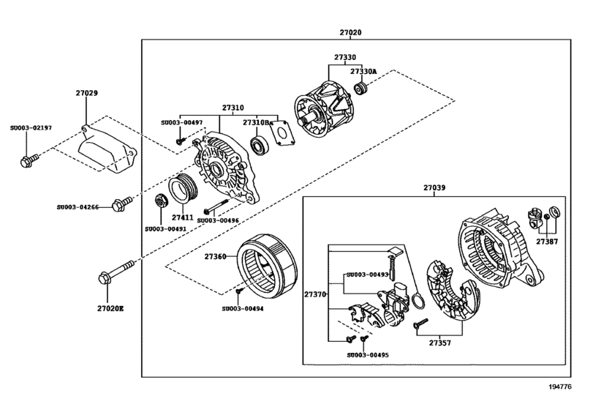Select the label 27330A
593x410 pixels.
[x=363, y=72]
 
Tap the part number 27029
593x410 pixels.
[x=86, y=94]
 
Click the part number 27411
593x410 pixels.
[x=183, y=217]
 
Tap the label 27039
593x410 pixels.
[x=434, y=187]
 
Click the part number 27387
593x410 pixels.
[x=546, y=240]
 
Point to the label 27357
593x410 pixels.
[x=440, y=343]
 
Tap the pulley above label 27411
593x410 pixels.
[x=183, y=190]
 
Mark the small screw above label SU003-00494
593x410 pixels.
[x=238, y=292]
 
